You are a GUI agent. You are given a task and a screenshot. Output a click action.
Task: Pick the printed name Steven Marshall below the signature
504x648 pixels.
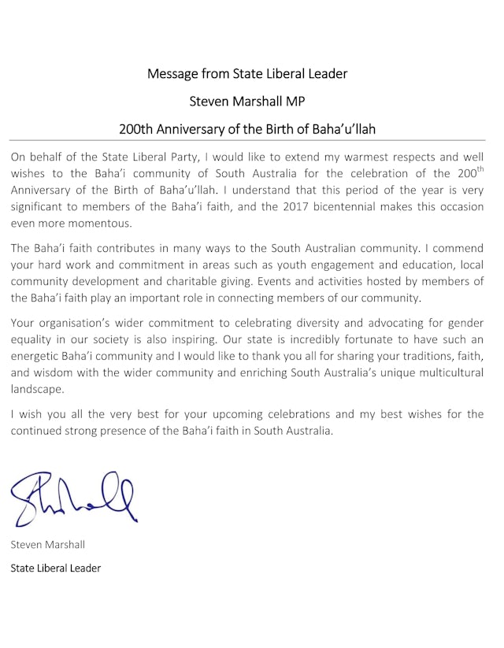click(x=48, y=545)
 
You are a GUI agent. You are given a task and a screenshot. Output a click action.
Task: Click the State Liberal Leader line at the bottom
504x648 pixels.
click(x=56, y=568)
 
